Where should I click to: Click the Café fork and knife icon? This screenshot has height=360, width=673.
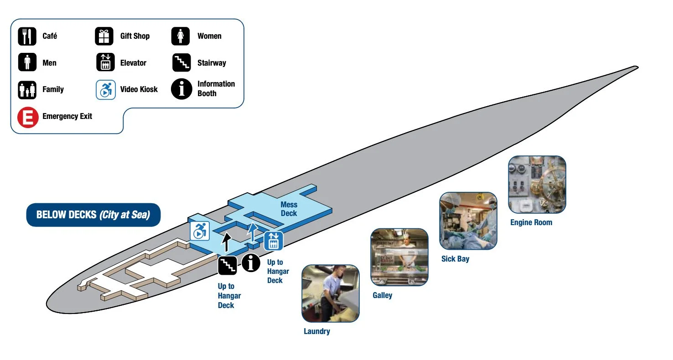(x=27, y=36)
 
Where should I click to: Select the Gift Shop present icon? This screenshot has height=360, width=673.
(x=104, y=36)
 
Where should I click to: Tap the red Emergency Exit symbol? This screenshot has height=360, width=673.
(x=27, y=117)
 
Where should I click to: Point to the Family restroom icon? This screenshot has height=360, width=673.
(x=27, y=90)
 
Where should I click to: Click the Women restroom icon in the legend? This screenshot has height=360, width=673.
(x=181, y=36)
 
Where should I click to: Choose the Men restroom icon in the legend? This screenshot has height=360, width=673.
(x=27, y=62)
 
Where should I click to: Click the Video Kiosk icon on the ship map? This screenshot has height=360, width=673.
(x=199, y=231)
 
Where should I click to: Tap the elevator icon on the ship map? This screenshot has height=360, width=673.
(x=274, y=241)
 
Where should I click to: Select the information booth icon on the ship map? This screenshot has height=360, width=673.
(x=251, y=263)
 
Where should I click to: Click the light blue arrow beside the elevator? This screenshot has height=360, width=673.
(x=252, y=232)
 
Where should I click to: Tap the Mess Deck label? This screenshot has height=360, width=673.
(x=289, y=209)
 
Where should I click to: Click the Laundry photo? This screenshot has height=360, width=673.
(x=330, y=293)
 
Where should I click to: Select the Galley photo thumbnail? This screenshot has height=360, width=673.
(x=399, y=257)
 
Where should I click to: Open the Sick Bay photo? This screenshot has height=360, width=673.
(x=468, y=221)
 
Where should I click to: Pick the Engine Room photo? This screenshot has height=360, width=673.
(x=537, y=184)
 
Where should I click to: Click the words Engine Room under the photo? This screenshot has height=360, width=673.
(x=531, y=222)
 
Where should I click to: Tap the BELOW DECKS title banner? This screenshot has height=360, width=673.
(x=93, y=215)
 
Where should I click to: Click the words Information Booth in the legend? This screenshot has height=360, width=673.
(x=216, y=88)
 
